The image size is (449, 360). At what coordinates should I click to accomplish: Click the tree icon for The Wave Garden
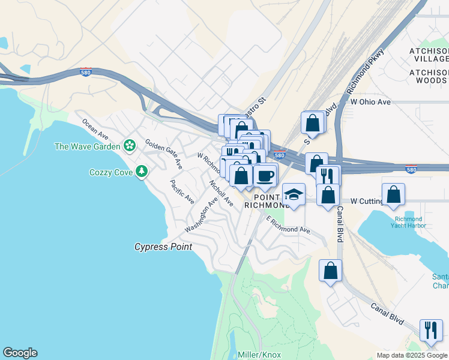click(x=129, y=146)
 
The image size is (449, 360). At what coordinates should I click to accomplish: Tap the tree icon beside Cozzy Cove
click(x=142, y=172)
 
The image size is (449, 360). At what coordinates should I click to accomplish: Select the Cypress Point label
click(x=163, y=247)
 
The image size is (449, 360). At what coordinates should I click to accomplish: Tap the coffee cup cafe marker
click(x=265, y=176)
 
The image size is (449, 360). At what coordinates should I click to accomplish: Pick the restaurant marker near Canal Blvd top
click(x=327, y=176)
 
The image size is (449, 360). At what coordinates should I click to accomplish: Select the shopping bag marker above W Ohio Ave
click(x=313, y=123)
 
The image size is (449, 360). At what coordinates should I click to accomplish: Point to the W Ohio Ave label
click(x=371, y=102)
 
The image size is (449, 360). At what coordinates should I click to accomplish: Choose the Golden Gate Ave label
click(x=163, y=154)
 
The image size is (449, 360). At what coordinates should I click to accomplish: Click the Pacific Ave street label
click(x=182, y=191)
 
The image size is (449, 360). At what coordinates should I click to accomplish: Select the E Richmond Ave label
click(x=289, y=226)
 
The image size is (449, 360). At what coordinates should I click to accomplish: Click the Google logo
click(x=20, y=353)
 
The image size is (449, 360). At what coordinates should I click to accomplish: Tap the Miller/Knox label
click(x=259, y=355)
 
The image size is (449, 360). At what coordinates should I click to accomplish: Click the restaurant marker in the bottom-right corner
click(x=431, y=331)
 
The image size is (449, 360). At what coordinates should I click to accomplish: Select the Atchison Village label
click(x=429, y=53)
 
